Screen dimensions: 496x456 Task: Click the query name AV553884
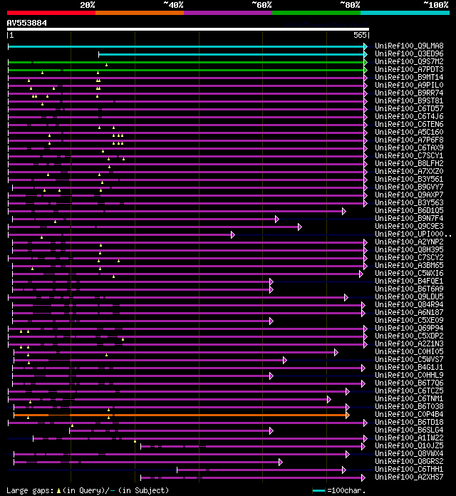27,23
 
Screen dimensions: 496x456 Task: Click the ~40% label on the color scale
173,4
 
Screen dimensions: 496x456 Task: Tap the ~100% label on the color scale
435,4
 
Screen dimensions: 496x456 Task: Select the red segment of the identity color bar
51,12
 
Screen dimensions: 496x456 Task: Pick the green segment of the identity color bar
316,12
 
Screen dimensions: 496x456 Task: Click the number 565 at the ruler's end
359,34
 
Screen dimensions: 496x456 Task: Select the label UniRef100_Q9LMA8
409,46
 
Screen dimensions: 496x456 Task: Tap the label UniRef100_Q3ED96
409,53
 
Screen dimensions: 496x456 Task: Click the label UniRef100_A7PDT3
409,69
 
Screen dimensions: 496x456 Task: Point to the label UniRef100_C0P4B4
409,414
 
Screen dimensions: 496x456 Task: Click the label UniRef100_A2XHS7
409,477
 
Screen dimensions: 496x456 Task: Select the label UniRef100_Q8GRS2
409,461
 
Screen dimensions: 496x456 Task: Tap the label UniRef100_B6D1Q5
409,210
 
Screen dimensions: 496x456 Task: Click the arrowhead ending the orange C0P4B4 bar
348,414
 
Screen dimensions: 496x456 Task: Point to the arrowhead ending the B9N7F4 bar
276,219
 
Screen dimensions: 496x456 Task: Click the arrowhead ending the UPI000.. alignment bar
232,234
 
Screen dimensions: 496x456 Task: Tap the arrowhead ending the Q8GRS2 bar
280,461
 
